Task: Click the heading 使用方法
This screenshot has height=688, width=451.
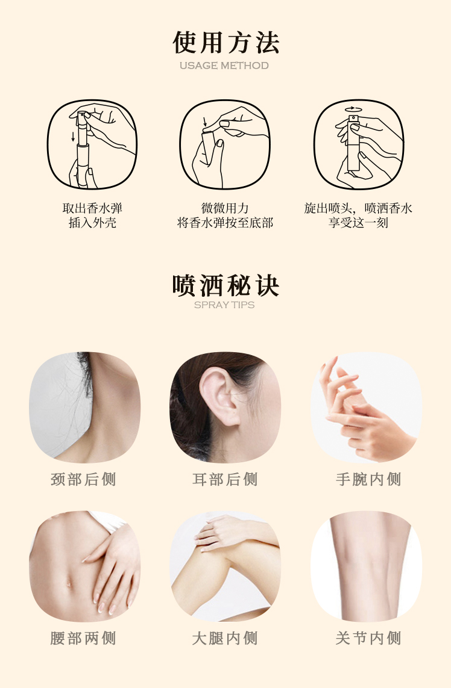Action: coord(225,42)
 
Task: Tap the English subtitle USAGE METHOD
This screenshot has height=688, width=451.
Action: coord(224,66)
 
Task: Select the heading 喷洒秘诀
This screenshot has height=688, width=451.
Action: coord(225,285)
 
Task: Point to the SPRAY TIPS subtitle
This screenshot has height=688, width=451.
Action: coord(224,305)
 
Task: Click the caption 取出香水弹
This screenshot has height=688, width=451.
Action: coord(92,208)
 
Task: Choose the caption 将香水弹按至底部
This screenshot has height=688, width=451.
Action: coord(225,223)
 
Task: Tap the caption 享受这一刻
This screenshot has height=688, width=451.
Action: coord(358,223)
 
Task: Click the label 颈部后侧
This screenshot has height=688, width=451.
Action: coord(83,479)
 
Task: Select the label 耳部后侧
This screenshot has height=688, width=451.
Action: coord(225,479)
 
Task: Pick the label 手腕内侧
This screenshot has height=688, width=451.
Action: coord(368,479)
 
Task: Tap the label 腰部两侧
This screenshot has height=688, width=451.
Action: coord(83,638)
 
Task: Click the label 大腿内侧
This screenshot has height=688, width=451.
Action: coord(225,638)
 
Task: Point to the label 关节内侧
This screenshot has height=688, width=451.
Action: coord(368,638)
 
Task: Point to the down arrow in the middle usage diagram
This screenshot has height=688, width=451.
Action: coord(204,122)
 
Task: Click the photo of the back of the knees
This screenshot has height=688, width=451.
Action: coord(366,566)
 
